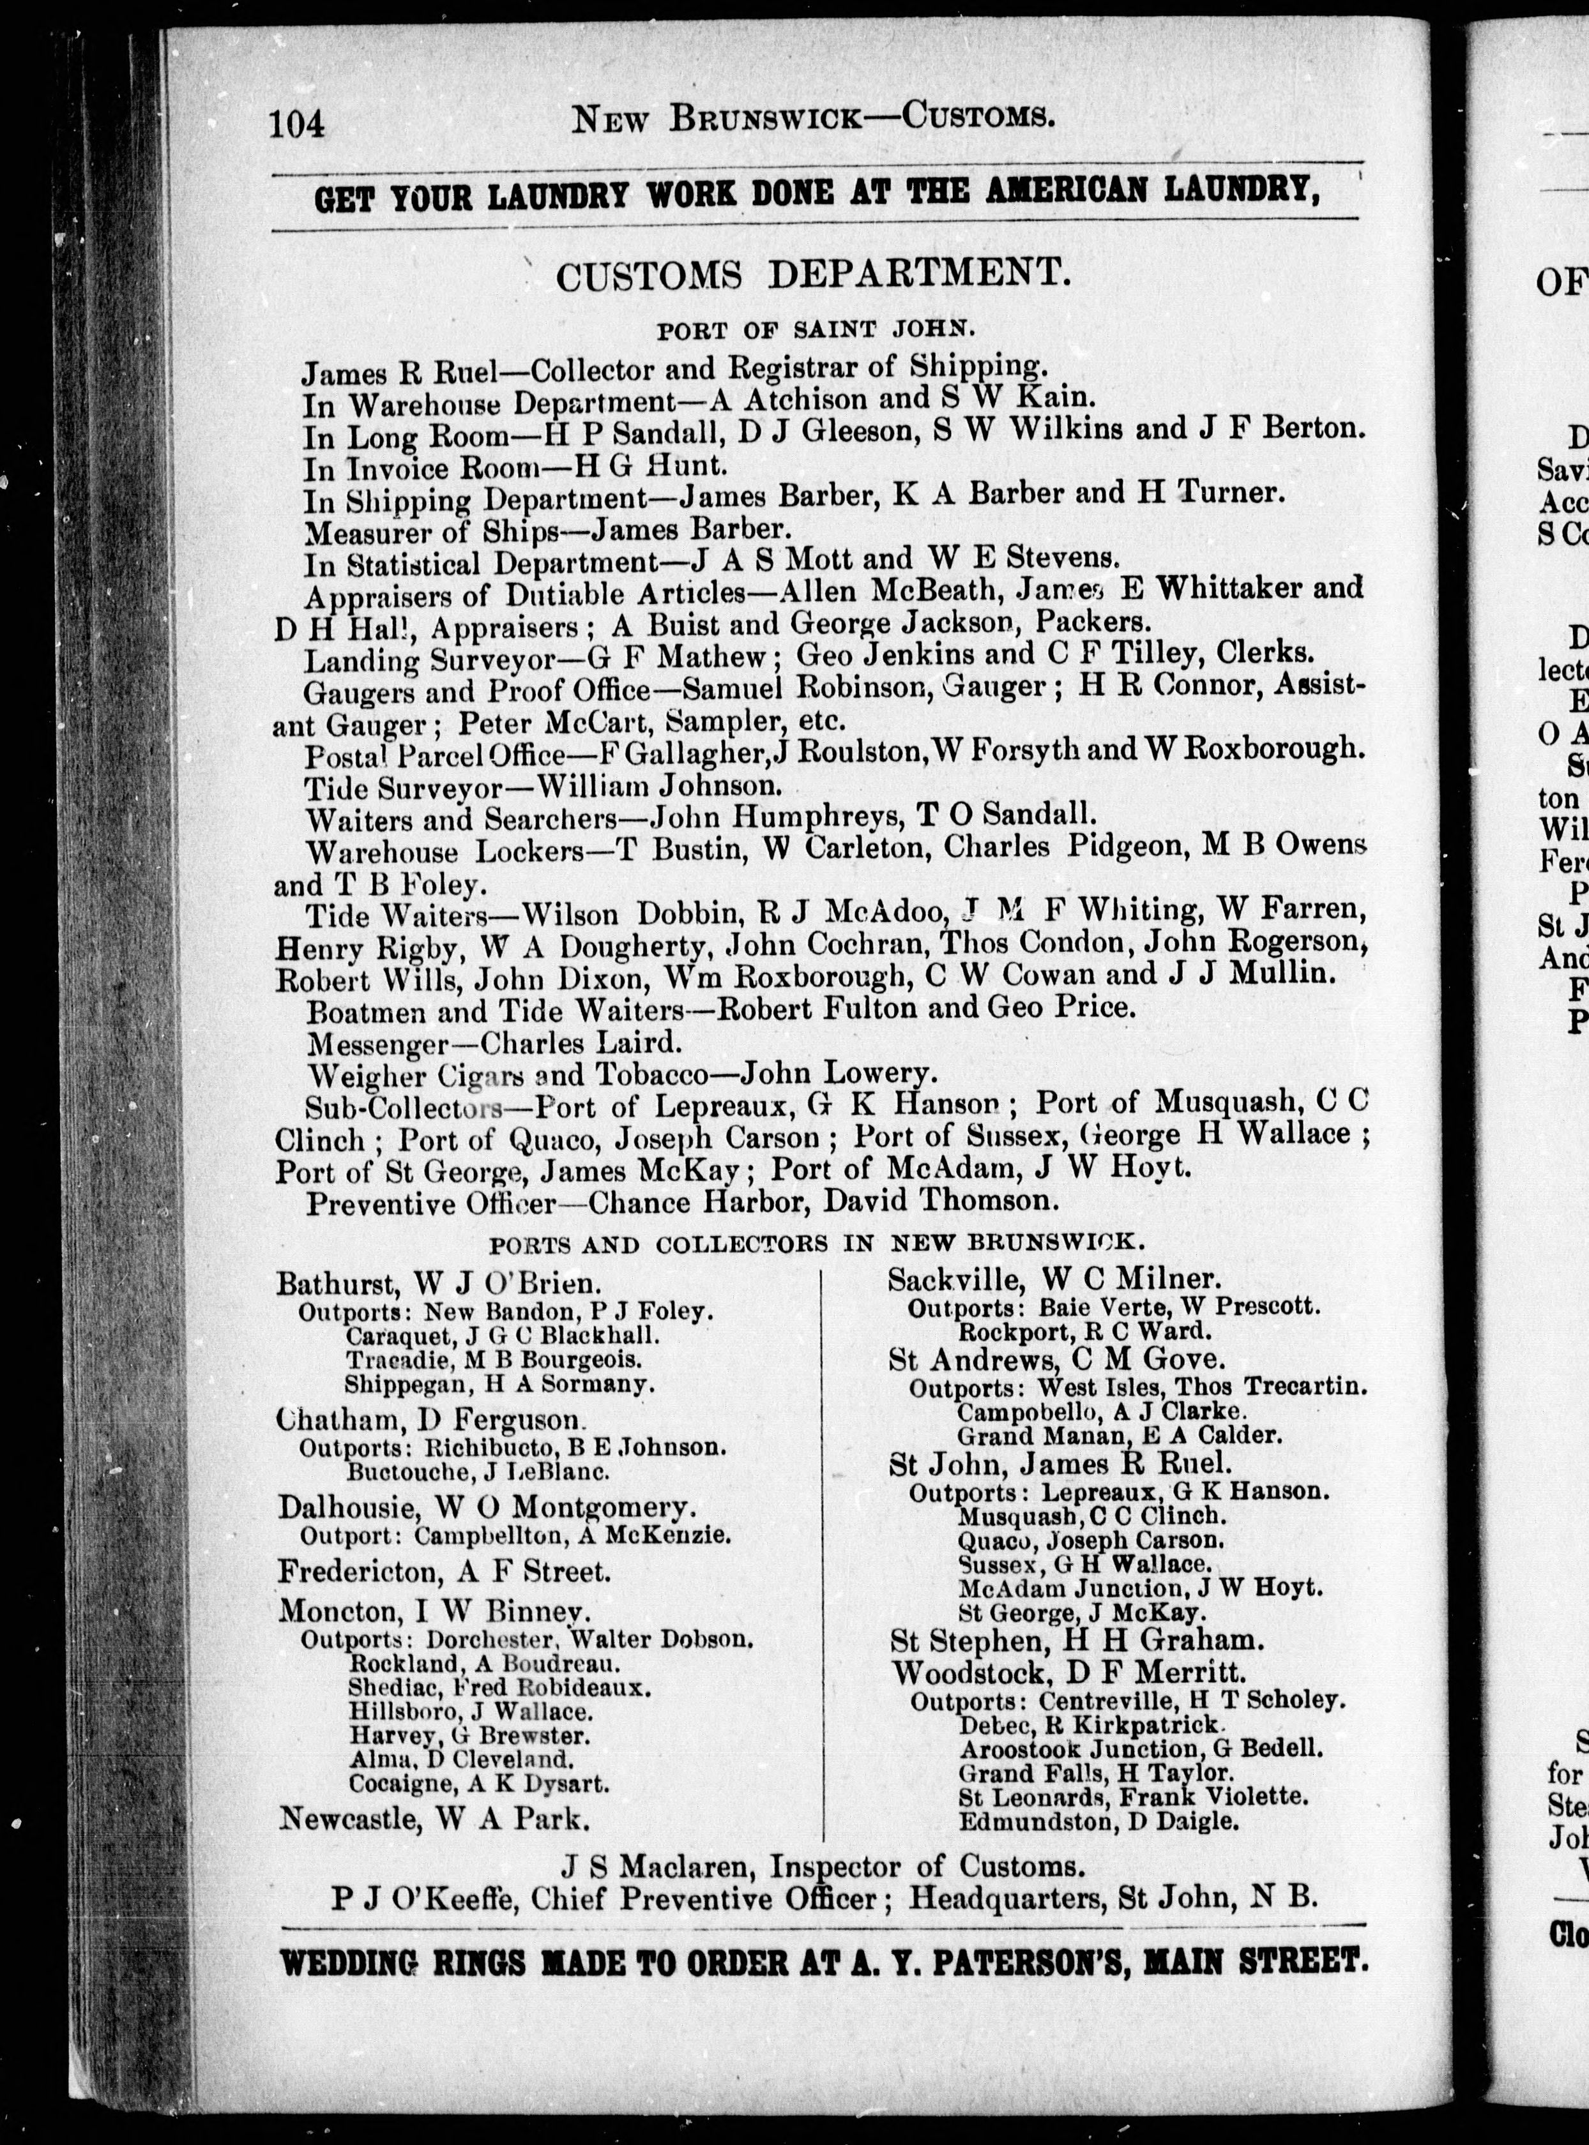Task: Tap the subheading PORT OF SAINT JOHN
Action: pos(816,331)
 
